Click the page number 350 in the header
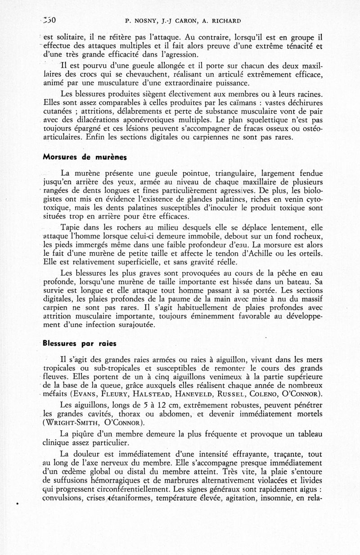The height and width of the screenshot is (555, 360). pos(48,19)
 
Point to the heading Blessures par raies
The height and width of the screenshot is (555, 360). pos(79,343)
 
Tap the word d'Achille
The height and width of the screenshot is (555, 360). pos(266,255)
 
